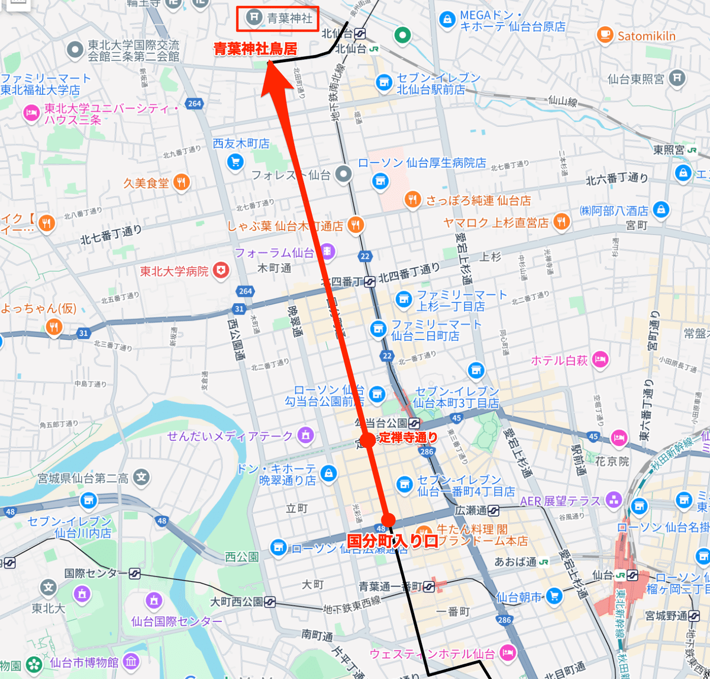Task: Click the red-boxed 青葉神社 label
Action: click(278, 18)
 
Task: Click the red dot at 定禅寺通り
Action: click(367, 440)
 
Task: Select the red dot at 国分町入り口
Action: click(388, 520)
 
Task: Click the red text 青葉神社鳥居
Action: click(255, 49)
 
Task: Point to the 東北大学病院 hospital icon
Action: click(221, 271)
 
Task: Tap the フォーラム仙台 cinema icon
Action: click(327, 252)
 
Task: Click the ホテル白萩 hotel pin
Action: click(601, 360)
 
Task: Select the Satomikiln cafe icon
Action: click(605, 36)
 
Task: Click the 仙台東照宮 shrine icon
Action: click(678, 78)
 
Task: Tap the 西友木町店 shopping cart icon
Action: click(235, 161)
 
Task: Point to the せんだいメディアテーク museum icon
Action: click(305, 435)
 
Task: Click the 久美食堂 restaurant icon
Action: click(181, 182)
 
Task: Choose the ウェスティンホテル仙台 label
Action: click(432, 654)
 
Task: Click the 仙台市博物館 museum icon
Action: click(131, 661)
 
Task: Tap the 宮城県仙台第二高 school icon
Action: click(141, 478)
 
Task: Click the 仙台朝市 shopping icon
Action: click(553, 596)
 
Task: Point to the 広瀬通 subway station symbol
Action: click(493, 510)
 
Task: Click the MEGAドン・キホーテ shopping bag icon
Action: click(447, 20)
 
